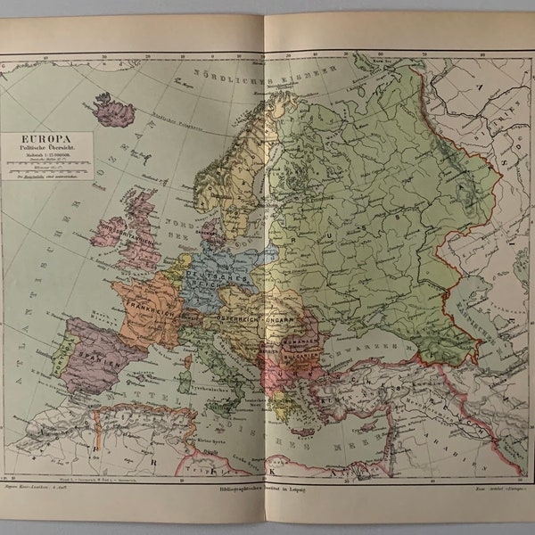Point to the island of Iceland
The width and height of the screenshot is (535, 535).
[x=114, y=110]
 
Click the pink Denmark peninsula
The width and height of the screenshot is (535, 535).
[x=213, y=235]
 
